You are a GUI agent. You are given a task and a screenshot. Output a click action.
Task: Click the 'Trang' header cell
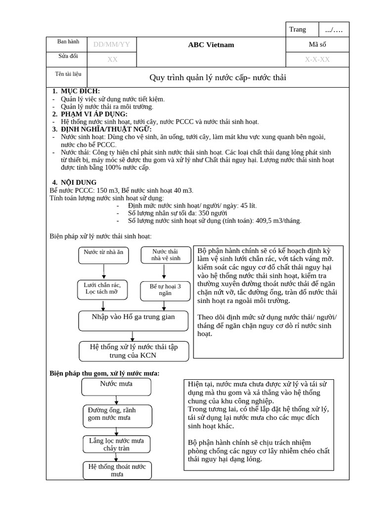point(298,30)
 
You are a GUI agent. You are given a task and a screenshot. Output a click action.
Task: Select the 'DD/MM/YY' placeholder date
point(111,45)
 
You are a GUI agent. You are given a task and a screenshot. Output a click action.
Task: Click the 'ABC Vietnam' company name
point(211,45)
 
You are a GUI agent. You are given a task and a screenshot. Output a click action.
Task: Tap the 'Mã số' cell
point(317,45)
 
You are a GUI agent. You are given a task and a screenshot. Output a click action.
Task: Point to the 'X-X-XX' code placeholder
point(317,59)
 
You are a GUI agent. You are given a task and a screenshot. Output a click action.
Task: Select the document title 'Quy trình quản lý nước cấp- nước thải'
point(218,78)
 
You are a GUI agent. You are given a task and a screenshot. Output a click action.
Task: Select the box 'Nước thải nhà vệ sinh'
point(165,254)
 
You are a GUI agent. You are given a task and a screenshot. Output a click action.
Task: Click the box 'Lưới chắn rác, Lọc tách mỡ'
point(103,288)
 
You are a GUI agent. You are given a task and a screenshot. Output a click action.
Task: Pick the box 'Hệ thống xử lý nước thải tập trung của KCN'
point(133,351)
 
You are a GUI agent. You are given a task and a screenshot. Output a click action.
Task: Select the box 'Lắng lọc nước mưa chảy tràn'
point(116,444)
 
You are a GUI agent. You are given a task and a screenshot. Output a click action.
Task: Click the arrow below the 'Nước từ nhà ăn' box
point(103,272)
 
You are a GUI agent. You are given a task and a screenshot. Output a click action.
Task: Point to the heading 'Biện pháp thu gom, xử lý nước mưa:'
point(104,373)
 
